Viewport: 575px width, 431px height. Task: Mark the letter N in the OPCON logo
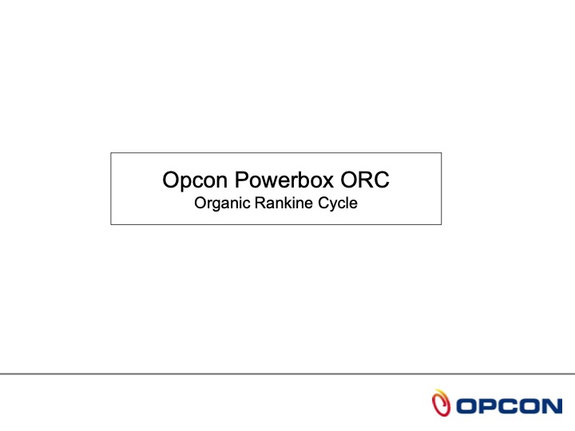551,405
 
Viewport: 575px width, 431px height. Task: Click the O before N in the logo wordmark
529,405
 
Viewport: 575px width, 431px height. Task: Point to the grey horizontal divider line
287,374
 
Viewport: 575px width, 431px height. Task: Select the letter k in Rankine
284,203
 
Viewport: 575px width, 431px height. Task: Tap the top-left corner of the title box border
111,153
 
